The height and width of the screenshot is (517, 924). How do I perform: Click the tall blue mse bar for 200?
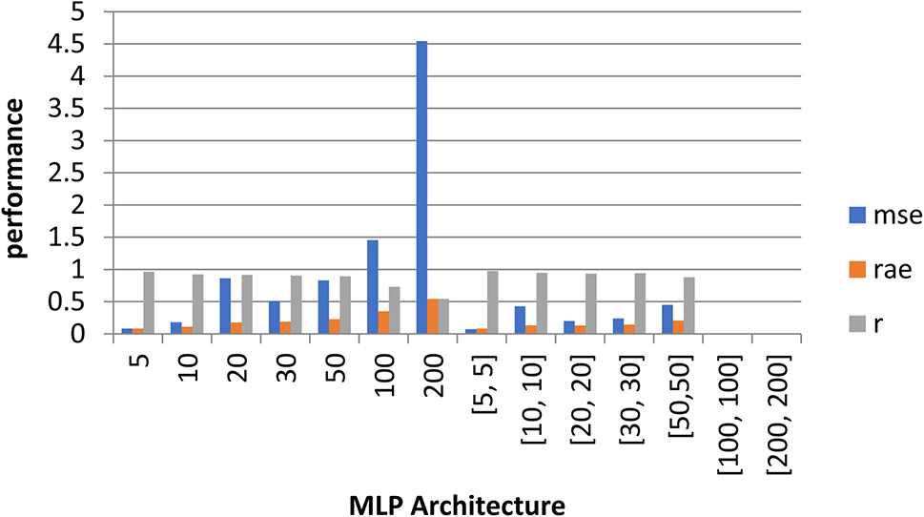(x=421, y=188)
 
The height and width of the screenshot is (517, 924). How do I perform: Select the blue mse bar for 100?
(x=372, y=287)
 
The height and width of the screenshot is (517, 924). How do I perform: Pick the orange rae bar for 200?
(x=432, y=317)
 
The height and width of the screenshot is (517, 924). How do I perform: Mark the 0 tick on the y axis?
(x=93, y=335)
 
